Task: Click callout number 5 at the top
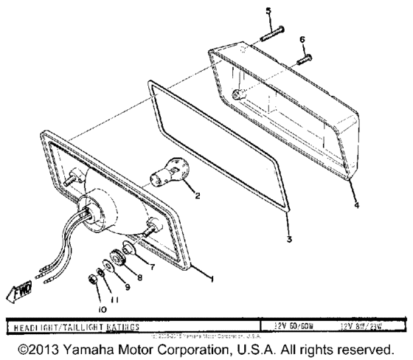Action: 268,10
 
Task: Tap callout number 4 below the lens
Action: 357,207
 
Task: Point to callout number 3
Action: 289,240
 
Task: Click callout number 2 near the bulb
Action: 196,196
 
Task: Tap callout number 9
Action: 127,287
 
